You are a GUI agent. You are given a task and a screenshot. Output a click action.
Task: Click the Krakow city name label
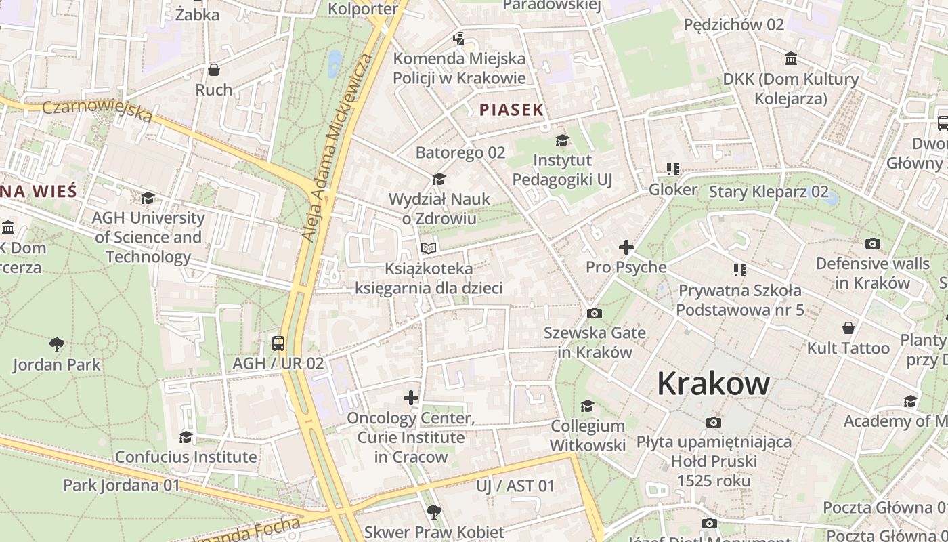[713, 384]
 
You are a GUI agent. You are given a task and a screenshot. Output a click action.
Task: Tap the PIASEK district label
[511, 110]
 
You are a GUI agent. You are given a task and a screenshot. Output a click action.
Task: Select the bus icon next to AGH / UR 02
[278, 343]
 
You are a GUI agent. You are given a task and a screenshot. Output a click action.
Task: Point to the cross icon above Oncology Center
[411, 398]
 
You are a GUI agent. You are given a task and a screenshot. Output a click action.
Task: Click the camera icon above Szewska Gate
[595, 313]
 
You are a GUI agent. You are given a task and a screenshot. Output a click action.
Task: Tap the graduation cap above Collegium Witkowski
[587, 406]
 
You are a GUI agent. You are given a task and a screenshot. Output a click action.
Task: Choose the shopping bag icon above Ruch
[214, 70]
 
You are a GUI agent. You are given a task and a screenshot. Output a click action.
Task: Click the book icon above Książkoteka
[428, 249]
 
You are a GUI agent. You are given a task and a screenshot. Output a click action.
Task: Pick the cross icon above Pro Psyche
[626, 247]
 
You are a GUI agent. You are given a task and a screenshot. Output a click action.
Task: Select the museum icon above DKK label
[790, 59]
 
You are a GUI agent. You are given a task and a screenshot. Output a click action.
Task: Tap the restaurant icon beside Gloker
[672, 169]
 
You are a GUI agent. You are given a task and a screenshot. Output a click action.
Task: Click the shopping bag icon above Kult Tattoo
[848, 329]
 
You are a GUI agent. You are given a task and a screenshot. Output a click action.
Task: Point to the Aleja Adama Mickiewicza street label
[337, 148]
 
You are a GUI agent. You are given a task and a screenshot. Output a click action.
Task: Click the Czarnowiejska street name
[98, 111]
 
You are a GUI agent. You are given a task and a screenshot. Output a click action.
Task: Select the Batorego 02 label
[460, 152]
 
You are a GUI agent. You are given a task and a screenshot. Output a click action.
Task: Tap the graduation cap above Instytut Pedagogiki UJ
[562, 140]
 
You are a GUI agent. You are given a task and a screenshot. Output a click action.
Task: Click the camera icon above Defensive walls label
[873, 243]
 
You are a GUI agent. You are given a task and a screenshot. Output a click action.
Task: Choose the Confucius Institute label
[186, 457]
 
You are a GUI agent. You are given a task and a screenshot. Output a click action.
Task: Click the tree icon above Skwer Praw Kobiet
[433, 512]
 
